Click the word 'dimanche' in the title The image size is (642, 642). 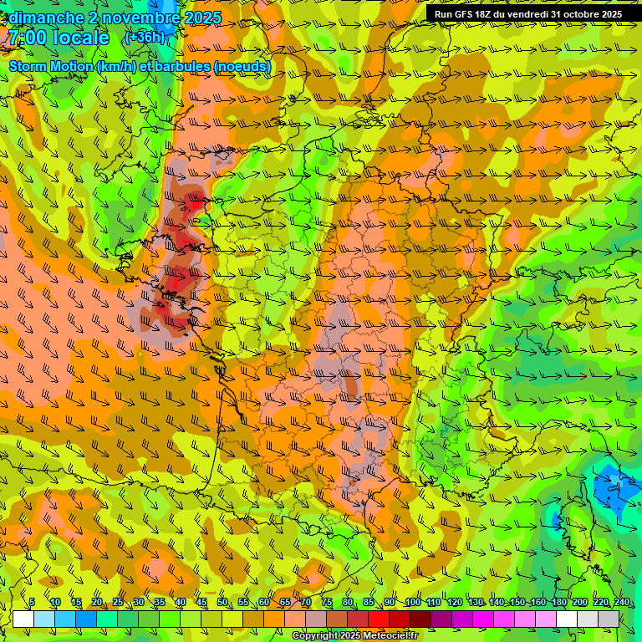click(x=46, y=18)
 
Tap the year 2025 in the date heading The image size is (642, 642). click(x=201, y=18)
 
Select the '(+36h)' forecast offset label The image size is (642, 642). click(x=145, y=38)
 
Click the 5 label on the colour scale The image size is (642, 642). click(x=32, y=603)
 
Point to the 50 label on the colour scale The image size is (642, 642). click(x=222, y=603)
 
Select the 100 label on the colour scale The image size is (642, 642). click(x=412, y=603)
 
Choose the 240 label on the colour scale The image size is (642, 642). click(x=622, y=603)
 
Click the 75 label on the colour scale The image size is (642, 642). click(x=327, y=603)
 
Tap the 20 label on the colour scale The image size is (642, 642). click(x=97, y=603)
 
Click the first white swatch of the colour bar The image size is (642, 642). click(x=23, y=619)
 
